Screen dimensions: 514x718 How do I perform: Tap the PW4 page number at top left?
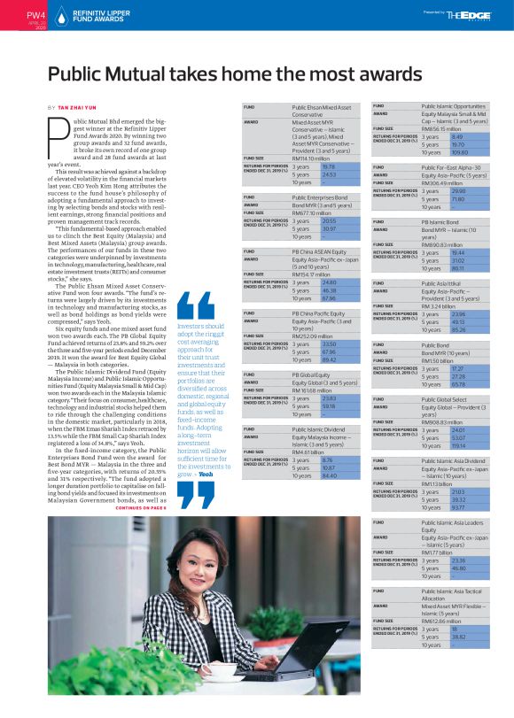(x=12, y=14)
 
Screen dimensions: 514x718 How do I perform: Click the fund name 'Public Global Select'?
(x=449, y=400)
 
